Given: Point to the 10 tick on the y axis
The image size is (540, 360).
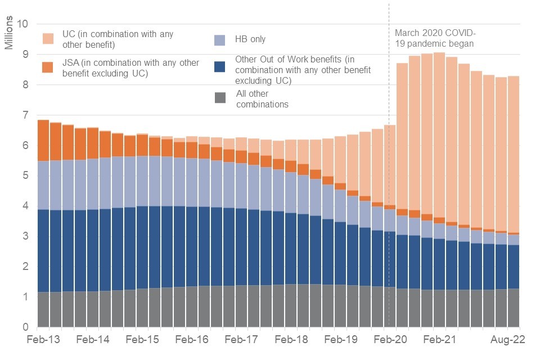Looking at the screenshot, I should pyautogui.click(x=22, y=24).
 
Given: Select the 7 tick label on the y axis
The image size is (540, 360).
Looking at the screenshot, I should pyautogui.click(x=25, y=115).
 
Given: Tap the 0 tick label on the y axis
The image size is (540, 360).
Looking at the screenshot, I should pyautogui.click(x=25, y=327).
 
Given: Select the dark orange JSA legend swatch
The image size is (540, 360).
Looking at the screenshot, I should pyautogui.click(x=49, y=67).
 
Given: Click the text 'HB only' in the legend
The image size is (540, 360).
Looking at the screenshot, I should pyautogui.click(x=250, y=39).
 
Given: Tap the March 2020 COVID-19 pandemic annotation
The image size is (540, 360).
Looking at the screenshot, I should pyautogui.click(x=433, y=38).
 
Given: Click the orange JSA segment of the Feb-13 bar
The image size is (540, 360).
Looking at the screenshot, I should pyautogui.click(x=43, y=141).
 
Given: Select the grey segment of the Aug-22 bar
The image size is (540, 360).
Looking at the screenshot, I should pyautogui.click(x=513, y=308).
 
